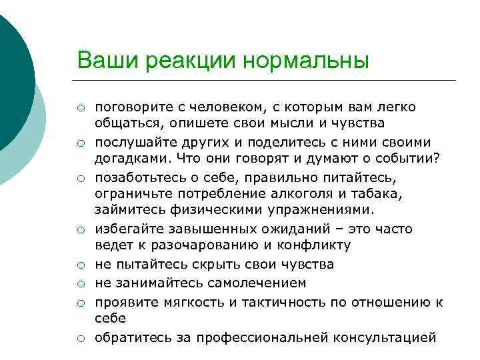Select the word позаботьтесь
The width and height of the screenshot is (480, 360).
click(139, 178)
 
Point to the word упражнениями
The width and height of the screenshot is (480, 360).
click(323, 211)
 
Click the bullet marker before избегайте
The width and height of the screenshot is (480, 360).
click(79, 230)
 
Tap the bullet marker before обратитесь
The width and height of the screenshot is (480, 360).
click(79, 338)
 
